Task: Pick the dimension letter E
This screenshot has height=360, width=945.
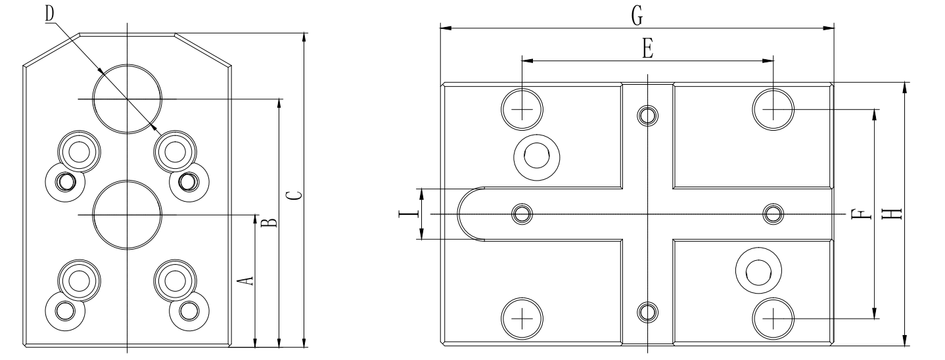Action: [x=647, y=50]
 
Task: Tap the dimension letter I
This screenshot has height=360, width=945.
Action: [x=409, y=214]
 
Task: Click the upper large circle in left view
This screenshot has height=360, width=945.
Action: [x=127, y=99]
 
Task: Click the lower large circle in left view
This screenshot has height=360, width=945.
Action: [x=127, y=215]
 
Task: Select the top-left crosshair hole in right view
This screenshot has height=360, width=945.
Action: [x=522, y=108]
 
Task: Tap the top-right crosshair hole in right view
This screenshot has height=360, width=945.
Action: [x=773, y=108]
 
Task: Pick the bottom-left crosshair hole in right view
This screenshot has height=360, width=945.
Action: [x=522, y=319]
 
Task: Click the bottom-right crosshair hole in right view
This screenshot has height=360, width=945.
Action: [x=773, y=319]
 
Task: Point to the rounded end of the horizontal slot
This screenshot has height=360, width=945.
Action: [x=465, y=214]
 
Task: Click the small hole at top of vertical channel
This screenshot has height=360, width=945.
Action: [x=647, y=116]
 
